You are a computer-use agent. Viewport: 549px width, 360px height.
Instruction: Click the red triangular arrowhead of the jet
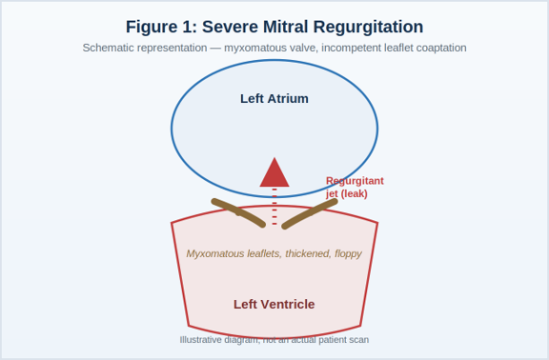pos(274,175)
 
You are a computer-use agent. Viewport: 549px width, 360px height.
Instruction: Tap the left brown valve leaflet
pos(238,212)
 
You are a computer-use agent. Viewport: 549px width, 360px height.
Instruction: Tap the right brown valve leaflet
pos(310,213)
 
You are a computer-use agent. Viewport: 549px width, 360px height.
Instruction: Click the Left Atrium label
pos(274,99)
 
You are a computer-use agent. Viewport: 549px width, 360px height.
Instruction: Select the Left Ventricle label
pos(274,305)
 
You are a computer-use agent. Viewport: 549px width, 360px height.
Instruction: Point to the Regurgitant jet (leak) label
pos(355,188)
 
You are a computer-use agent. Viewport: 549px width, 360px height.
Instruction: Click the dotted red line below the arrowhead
pos(274,207)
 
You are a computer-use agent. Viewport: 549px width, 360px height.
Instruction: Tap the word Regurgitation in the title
pos(368,28)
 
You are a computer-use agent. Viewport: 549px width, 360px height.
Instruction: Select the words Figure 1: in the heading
pos(161,27)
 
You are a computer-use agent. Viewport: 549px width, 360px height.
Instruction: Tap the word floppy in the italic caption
pos(349,253)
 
